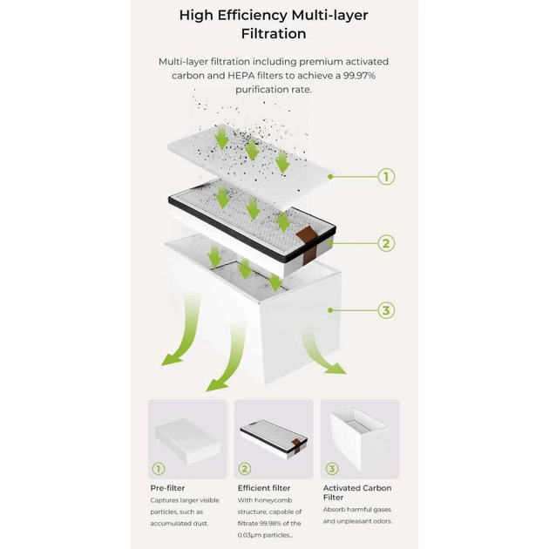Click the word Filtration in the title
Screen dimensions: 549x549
click(x=274, y=34)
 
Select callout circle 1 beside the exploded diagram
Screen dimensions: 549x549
click(x=386, y=177)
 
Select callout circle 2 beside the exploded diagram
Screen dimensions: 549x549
click(x=386, y=243)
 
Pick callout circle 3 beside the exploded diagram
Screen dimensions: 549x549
click(x=386, y=310)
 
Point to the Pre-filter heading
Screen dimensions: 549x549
click(x=167, y=488)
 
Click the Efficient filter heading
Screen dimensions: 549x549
click(x=264, y=488)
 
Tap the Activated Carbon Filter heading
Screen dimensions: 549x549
click(x=357, y=492)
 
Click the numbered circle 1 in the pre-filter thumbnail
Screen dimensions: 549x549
click(x=159, y=469)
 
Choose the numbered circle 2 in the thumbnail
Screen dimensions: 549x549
click(x=245, y=469)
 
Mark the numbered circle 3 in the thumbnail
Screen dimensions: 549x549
click(x=332, y=469)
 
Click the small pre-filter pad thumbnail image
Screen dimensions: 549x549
click(x=188, y=442)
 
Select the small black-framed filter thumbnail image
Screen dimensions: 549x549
click(x=274, y=439)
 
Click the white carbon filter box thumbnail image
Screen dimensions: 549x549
click(x=360, y=439)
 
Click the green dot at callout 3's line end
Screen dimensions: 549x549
click(x=330, y=310)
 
